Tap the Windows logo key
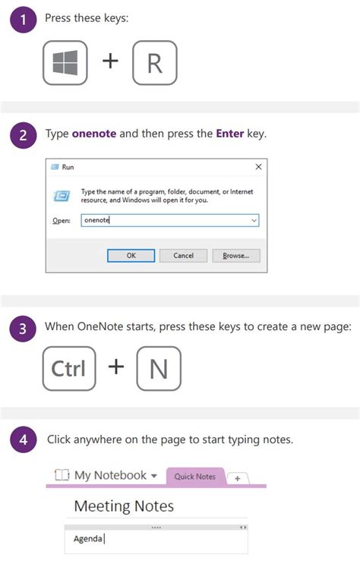click(x=65, y=63)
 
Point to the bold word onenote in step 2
click(x=93, y=134)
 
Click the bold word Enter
click(x=229, y=134)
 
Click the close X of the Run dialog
click(x=258, y=167)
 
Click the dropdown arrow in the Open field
click(x=254, y=220)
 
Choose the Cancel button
click(x=184, y=256)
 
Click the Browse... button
click(x=236, y=256)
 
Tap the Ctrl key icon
click(x=69, y=369)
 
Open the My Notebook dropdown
click(x=154, y=477)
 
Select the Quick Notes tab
click(x=195, y=477)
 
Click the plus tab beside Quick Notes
click(x=238, y=478)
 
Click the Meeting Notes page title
click(x=124, y=506)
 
